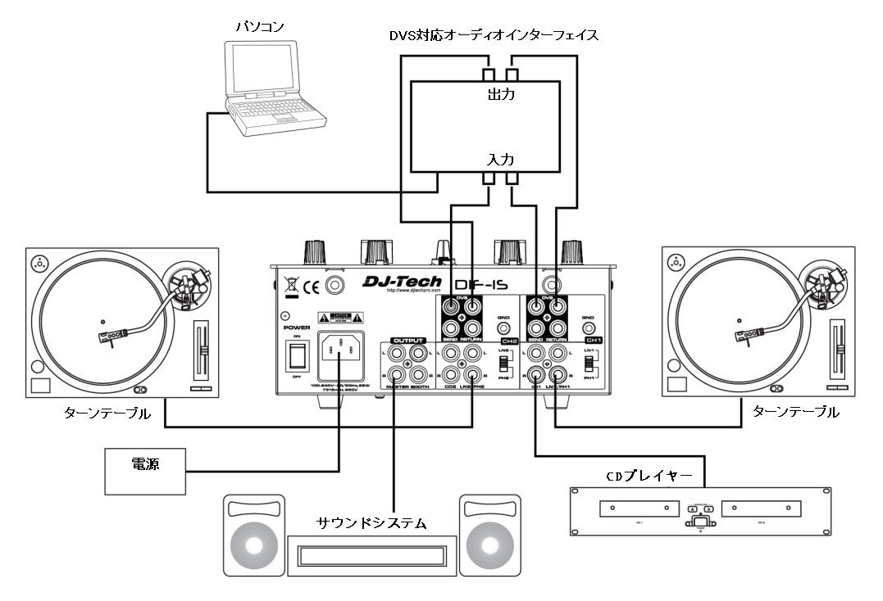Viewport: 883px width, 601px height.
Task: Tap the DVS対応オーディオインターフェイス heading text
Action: tap(494, 35)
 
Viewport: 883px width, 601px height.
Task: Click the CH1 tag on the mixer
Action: tap(594, 338)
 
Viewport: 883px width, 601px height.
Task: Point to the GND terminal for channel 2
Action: tap(505, 327)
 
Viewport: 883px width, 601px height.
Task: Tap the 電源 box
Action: tap(144, 471)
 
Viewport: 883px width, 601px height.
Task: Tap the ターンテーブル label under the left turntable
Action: tap(107, 413)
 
